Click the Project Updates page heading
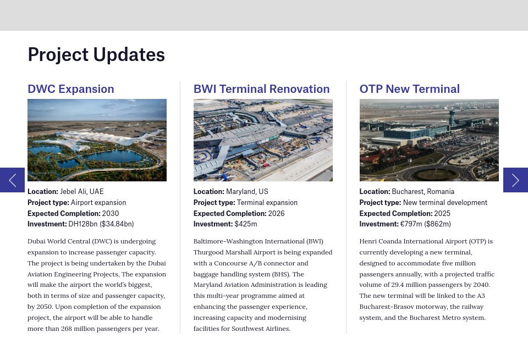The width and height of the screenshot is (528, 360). pos(96,55)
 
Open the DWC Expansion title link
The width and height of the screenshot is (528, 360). pos(71,89)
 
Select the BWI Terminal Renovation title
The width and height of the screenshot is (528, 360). pos(261,89)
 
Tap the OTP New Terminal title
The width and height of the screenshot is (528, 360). pos(409,89)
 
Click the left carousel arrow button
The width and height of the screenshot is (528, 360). pos(12,180)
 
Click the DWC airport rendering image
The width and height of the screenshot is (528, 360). pos(97,140)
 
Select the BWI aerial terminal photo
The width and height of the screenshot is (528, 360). pos(263,140)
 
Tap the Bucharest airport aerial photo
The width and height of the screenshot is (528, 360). pos(429,140)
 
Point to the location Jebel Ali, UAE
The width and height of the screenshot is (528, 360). pos(81,192)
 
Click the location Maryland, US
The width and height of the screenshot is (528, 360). pos(247,192)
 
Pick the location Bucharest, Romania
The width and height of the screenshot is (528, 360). pos(423,192)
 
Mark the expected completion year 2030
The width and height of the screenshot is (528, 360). pos(111,213)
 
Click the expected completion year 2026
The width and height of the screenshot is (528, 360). pos(276,213)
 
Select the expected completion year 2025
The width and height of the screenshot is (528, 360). pos(442,213)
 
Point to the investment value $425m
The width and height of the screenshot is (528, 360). pos(246,224)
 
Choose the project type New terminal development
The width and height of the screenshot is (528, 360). pos(445,202)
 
